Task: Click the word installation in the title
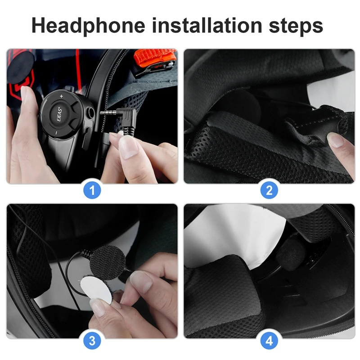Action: (x=207, y=26)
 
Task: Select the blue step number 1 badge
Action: (x=92, y=190)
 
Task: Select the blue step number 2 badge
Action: (x=269, y=190)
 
